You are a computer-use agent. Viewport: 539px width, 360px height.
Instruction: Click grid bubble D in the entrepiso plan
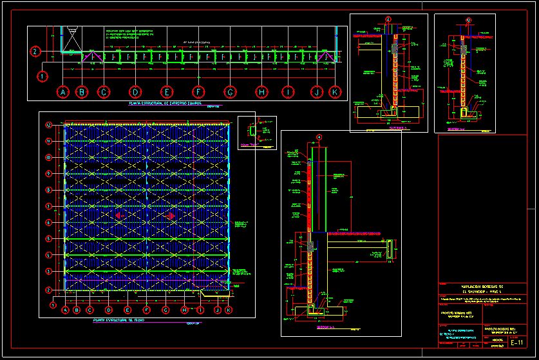pyautogui.click(x=135, y=92)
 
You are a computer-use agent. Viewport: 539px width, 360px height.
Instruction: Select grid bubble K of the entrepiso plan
pyautogui.click(x=334, y=92)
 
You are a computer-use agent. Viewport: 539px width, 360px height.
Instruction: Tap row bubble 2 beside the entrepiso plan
pyautogui.click(x=36, y=52)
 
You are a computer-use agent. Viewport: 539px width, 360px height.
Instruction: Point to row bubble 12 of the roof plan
pyautogui.click(x=48, y=125)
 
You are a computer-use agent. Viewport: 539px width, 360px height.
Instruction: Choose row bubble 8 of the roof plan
pyautogui.click(x=48, y=190)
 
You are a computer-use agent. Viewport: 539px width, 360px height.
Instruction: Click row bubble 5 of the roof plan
pyautogui.click(x=48, y=239)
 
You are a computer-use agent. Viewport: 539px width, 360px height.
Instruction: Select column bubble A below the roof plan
pyautogui.click(x=65, y=310)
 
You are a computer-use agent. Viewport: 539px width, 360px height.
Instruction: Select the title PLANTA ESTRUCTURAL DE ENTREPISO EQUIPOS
pyautogui.click(x=165, y=103)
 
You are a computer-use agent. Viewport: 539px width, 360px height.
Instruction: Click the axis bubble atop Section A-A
pyautogui.click(x=319, y=137)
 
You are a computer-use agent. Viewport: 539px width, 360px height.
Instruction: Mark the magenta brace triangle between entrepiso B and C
pyautogui.click(x=92, y=57)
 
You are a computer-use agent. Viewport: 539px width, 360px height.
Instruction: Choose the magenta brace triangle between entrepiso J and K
pyautogui.click(x=326, y=57)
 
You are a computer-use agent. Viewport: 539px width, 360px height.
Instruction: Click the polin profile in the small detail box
pyautogui.click(x=251, y=131)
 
